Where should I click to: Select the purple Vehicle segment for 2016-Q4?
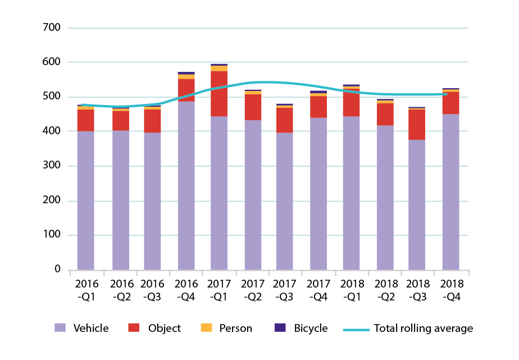(186, 185)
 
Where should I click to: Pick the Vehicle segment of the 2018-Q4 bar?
(450, 192)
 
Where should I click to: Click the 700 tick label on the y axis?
(51, 28)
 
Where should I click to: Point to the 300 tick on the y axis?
(51, 166)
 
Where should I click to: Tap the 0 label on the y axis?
(57, 270)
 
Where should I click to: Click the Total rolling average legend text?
(423, 329)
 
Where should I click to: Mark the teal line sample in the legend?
(356, 329)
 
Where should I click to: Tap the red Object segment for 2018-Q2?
(385, 114)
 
